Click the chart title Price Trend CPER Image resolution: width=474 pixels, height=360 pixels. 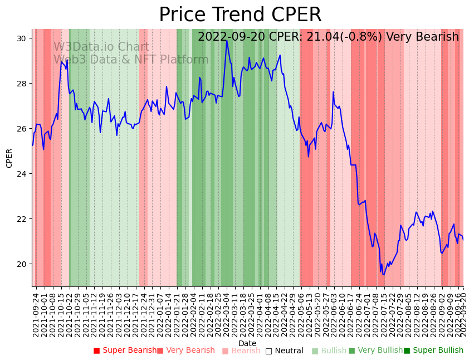(240, 14)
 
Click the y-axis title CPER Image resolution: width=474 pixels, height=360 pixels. (9, 158)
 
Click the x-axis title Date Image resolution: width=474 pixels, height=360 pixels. (247, 343)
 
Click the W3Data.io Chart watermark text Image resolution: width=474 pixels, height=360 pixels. (101, 47)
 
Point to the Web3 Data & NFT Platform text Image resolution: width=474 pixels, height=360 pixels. (131, 60)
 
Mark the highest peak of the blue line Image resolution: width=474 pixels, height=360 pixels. (227, 40)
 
